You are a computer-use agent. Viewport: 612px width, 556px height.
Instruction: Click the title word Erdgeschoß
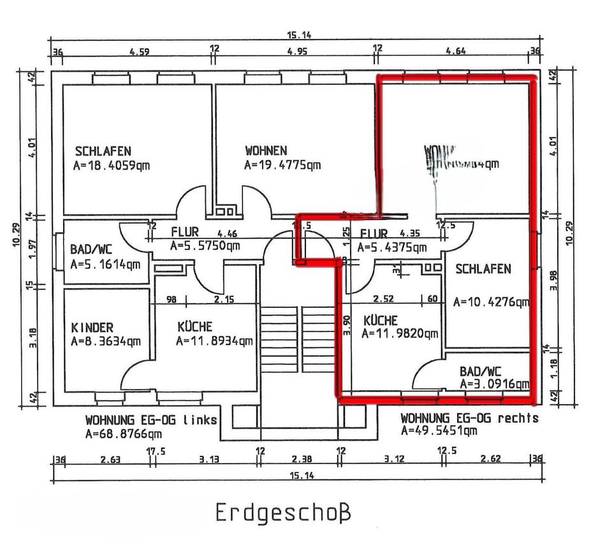tap(284, 511)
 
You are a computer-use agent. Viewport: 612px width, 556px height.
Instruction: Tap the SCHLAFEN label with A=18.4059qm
tap(103, 152)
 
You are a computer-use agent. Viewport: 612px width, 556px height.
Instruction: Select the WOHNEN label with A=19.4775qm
tap(266, 151)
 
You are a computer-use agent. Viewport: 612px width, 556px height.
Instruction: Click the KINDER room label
tap(92, 328)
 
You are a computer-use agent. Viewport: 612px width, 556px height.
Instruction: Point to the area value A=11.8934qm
tap(214, 341)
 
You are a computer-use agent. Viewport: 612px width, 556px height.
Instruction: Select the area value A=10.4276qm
tap(491, 302)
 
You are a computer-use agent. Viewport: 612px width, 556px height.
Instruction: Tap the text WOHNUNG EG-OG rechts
tap(469, 418)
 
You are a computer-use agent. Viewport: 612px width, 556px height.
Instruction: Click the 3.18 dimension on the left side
tap(34, 338)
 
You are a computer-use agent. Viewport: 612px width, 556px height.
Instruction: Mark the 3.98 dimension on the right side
tap(553, 281)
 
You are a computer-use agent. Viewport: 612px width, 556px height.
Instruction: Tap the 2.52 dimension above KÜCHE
tap(383, 298)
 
